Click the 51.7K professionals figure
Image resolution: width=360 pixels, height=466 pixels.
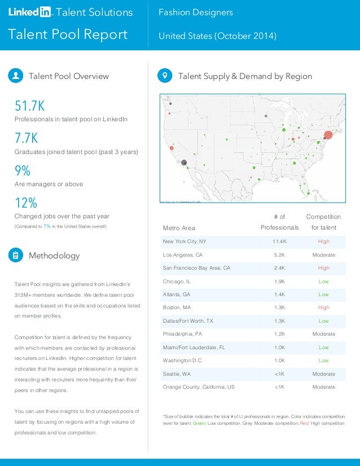(x=29, y=106)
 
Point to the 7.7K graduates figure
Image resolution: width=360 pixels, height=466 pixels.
(x=27, y=138)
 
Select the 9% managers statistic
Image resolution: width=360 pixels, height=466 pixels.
(x=23, y=170)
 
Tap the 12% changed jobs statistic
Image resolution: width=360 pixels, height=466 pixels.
(x=25, y=203)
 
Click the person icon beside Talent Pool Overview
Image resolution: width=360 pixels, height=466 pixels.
(x=16, y=76)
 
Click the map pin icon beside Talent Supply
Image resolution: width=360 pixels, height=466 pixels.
(x=165, y=76)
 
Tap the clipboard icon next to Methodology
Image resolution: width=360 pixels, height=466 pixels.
(x=16, y=256)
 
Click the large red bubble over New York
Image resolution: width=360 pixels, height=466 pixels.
(x=328, y=135)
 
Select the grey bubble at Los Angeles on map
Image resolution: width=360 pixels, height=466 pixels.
(x=184, y=162)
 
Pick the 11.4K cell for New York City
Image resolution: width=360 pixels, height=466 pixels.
(x=279, y=241)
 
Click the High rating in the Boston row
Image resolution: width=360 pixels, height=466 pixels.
(x=323, y=308)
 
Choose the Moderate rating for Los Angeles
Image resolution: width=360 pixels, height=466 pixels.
(x=323, y=255)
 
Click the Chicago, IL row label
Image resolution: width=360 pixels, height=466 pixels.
(x=178, y=282)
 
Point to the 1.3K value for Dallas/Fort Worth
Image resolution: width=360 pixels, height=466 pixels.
(x=279, y=321)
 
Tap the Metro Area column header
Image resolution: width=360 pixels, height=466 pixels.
(x=179, y=228)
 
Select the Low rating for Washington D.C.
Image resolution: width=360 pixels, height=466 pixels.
(x=323, y=361)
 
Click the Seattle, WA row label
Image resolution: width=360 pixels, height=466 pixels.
(x=177, y=374)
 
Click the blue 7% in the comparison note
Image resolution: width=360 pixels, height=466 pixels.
(x=47, y=227)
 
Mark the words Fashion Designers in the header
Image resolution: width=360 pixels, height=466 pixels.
(x=195, y=12)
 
